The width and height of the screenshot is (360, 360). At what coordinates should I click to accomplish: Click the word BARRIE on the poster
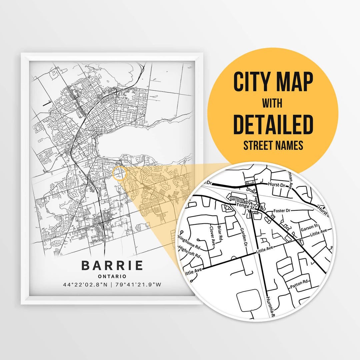(x=112, y=266)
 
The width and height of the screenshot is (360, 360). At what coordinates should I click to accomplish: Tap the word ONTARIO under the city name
(x=112, y=276)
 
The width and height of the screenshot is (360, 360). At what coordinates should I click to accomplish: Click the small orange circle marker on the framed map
(x=120, y=174)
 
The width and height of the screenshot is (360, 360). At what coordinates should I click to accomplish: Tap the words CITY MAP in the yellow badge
(x=273, y=82)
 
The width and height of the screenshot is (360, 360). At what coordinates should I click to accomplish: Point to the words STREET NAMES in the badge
(x=273, y=145)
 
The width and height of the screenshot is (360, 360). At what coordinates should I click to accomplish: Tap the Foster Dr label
(x=282, y=211)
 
